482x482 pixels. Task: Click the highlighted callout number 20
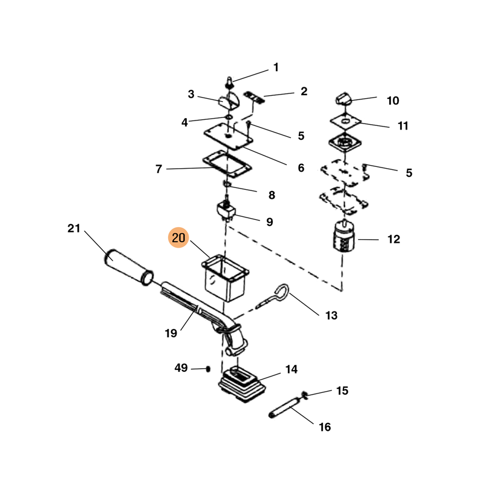(x=179, y=239)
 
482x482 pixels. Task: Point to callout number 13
(x=331, y=315)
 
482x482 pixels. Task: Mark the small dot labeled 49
(x=208, y=368)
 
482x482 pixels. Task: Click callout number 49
(x=181, y=368)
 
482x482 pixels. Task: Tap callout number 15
(x=342, y=391)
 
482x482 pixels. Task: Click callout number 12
(x=393, y=239)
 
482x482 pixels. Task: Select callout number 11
(x=403, y=126)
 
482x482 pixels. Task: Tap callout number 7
(x=158, y=169)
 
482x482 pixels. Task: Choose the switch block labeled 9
(x=227, y=211)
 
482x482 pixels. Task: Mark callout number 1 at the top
(x=276, y=67)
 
